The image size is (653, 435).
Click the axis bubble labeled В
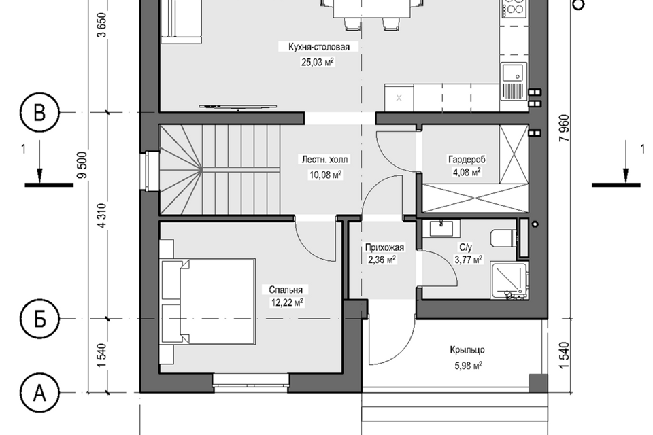tap(39, 112)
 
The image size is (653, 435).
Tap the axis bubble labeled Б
tap(39, 319)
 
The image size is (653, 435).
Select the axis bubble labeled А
tap(39, 393)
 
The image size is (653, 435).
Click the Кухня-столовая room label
tap(319, 47)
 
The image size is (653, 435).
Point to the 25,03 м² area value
tap(318, 63)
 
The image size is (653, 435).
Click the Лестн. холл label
tap(325, 160)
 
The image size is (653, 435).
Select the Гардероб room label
tap(467, 160)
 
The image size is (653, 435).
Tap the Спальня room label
tap(286, 290)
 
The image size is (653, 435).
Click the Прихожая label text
tap(384, 247)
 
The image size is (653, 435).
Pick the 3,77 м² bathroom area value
tap(468, 260)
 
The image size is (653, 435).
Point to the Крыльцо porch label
tap(467, 350)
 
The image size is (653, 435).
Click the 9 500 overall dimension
tap(83, 165)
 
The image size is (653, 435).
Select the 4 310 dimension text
tap(103, 215)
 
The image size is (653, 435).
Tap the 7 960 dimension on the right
tap(565, 128)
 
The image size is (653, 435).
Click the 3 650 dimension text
tap(103, 25)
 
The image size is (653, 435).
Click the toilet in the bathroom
tap(503, 239)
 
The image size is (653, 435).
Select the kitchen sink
tap(514, 81)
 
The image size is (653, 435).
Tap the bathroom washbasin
tap(441, 228)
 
